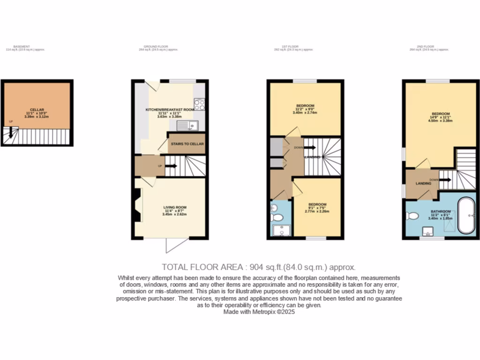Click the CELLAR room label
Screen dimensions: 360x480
click(37, 110)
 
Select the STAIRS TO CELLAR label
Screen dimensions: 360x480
click(187, 144)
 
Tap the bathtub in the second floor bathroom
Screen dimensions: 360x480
click(466, 215)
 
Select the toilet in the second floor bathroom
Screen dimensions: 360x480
click(412, 216)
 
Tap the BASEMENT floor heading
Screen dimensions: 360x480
click(22, 46)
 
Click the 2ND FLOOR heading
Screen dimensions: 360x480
click(425, 46)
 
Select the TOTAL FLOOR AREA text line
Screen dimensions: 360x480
click(259, 267)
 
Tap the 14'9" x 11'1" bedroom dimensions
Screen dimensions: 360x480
click(441, 117)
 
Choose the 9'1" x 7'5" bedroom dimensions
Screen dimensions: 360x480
click(317, 208)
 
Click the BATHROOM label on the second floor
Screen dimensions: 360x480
click(441, 211)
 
